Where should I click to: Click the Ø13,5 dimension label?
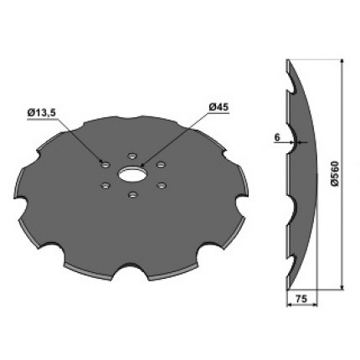[42, 113]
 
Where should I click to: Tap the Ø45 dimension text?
[219, 106]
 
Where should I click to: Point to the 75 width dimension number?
[301, 299]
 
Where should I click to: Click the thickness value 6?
[277, 137]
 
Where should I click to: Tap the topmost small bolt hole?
[131, 156]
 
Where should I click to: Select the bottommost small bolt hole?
[132, 195]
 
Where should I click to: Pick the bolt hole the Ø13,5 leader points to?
[105, 165]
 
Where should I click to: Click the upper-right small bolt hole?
[160, 165]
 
